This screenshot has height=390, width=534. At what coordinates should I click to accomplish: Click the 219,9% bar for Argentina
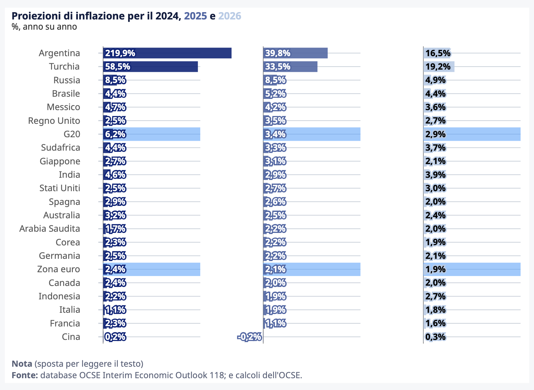coord(167,53)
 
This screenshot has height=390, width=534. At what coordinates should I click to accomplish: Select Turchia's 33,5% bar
coord(290,67)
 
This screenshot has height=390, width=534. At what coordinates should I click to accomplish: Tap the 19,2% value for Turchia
coord(438,67)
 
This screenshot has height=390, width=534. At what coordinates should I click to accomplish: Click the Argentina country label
coord(59,53)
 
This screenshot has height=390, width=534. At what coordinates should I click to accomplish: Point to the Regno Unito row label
coord(54,121)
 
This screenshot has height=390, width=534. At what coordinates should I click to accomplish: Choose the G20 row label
coord(72,134)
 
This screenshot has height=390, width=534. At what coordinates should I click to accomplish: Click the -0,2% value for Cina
coord(249,337)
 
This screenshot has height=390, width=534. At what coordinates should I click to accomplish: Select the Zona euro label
coord(58,269)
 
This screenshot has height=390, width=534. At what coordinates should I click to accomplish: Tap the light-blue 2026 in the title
coord(230,16)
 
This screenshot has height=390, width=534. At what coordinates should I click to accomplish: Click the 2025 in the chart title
coord(195,16)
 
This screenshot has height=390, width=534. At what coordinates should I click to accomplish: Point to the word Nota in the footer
coord(22,364)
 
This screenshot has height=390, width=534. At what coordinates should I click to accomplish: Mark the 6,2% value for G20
coord(115,134)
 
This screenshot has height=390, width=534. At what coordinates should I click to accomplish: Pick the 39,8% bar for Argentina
coord(295,53)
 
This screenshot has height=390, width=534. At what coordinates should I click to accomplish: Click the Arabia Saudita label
coord(50,229)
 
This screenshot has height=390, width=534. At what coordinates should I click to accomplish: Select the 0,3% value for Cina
coord(435,337)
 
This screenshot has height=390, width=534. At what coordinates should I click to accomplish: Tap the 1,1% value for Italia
coord(116,310)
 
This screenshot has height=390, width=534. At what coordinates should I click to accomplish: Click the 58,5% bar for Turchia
coord(150,67)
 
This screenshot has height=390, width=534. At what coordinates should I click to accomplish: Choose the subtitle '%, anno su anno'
coord(44,26)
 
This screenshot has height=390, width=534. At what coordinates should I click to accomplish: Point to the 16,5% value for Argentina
coord(438,53)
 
